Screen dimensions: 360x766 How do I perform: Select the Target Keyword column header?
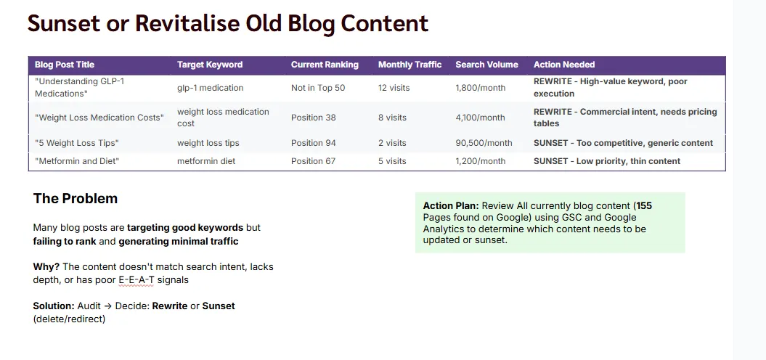(210, 65)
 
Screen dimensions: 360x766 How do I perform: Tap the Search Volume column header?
(486, 65)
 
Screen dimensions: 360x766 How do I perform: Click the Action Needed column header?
(563, 65)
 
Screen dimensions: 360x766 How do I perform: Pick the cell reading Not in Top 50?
(318, 88)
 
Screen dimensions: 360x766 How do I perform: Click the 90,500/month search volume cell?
(484, 143)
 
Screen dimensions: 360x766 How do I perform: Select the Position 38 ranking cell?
(313, 118)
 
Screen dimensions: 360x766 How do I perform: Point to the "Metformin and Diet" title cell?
(77, 161)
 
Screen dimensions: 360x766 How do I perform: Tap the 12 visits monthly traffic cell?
(394, 88)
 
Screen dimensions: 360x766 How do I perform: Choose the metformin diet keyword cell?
(206, 161)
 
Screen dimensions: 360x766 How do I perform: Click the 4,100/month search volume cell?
(480, 118)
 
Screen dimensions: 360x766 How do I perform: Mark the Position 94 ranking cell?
(313, 143)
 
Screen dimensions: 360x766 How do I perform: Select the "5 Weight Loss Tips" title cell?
(77, 143)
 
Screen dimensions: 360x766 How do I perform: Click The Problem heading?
(76, 199)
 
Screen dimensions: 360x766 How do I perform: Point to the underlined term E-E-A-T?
(137, 280)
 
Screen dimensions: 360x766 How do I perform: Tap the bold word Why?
(46, 267)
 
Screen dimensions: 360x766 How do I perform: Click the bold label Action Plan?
(451, 206)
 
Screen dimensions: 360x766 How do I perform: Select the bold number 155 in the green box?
(644, 206)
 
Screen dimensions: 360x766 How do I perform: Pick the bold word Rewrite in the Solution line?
(169, 306)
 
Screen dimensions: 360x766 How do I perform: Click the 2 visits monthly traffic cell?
(391, 143)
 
